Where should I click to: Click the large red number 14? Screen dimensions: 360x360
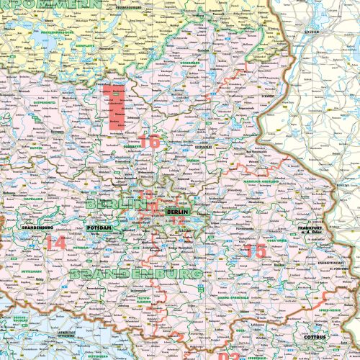[x=55, y=243]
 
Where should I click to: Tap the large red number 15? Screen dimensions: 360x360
[x=256, y=250]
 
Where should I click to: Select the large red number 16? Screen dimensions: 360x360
[x=150, y=142]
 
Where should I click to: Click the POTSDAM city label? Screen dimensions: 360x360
[x=99, y=228]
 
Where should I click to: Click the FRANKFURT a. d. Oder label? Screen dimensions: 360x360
[x=310, y=230]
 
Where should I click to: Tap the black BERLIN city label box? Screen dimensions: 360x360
[x=176, y=212]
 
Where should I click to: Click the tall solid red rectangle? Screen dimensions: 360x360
[x=114, y=107]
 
